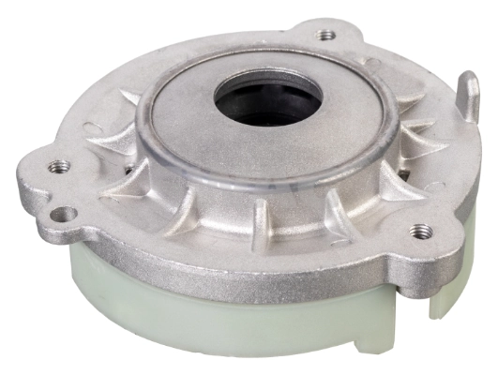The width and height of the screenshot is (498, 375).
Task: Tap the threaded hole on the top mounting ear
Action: pos(326,36)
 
